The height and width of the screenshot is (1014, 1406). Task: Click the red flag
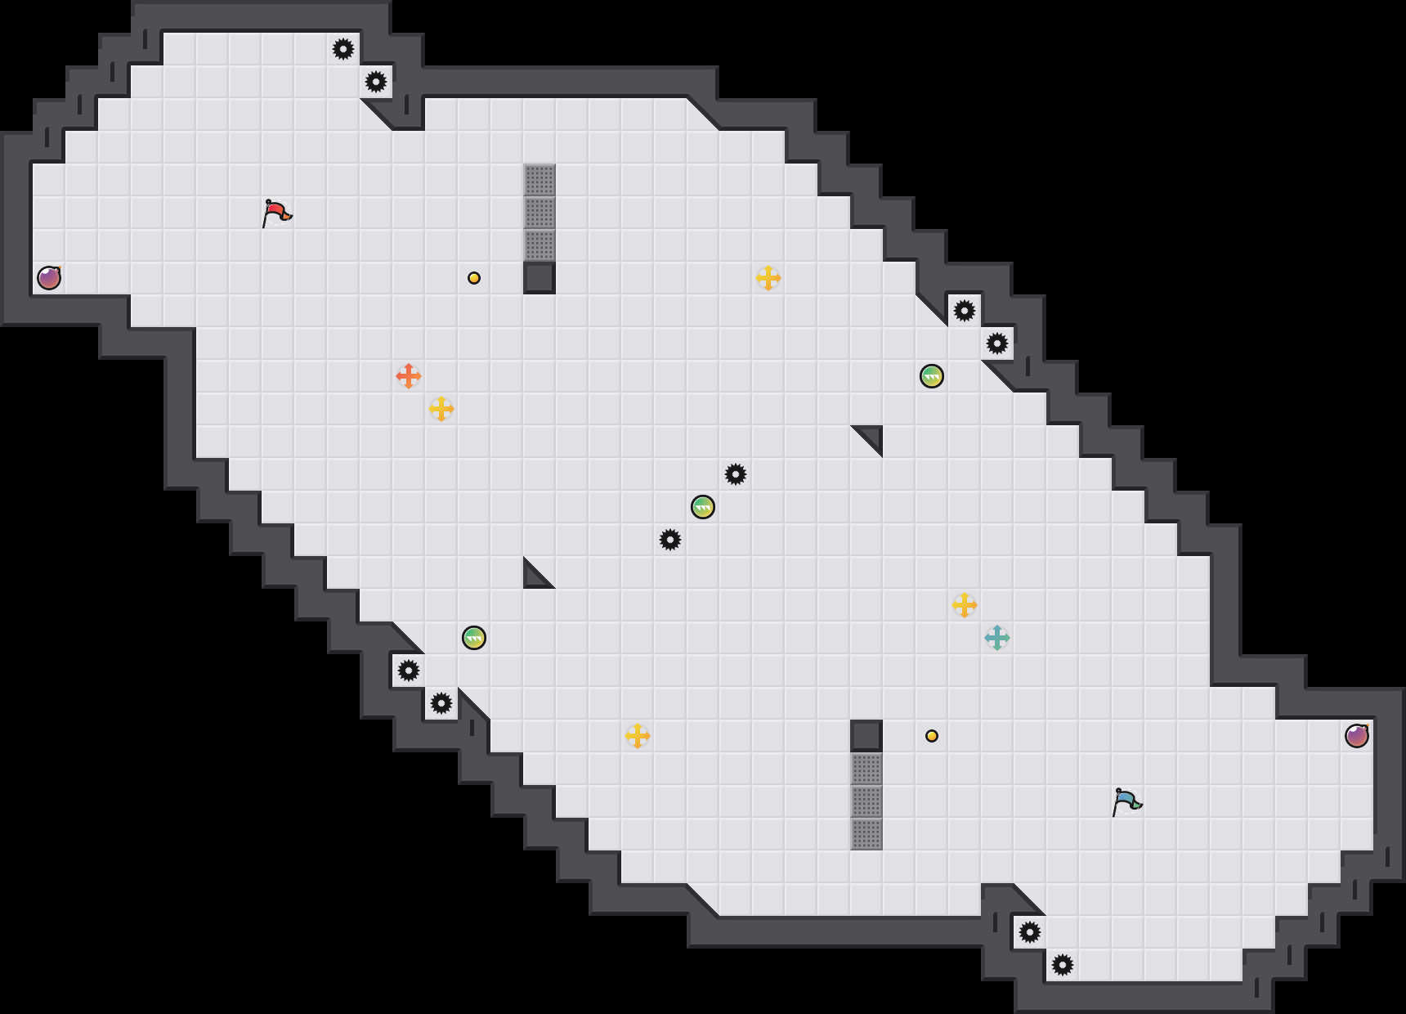(x=276, y=213)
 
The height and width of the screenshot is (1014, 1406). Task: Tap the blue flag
(x=1126, y=801)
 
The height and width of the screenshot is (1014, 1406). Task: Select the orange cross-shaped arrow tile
(x=409, y=376)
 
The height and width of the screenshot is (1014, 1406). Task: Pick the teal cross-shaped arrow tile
(x=997, y=638)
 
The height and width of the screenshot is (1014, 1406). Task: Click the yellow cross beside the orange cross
(x=441, y=409)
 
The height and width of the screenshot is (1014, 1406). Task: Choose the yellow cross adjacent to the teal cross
(x=965, y=605)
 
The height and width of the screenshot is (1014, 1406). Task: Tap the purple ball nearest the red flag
(x=49, y=278)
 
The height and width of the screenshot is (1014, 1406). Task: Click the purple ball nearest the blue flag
(x=1357, y=736)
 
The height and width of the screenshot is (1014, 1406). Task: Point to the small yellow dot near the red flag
(x=474, y=278)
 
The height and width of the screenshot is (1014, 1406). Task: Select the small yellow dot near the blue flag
(x=932, y=736)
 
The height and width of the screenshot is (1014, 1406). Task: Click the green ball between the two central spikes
(x=703, y=507)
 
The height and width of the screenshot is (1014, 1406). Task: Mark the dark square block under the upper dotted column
(x=540, y=278)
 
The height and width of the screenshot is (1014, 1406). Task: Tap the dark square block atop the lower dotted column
(x=866, y=736)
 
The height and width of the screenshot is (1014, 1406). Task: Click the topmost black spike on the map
(x=343, y=49)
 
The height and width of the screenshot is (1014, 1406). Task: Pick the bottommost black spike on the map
(x=1063, y=965)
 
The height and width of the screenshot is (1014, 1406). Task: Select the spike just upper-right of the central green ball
(x=736, y=474)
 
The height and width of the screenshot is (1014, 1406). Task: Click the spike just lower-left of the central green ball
(x=670, y=540)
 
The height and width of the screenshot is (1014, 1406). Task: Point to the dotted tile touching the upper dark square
(x=540, y=245)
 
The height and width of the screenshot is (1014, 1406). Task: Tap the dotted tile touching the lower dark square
(x=866, y=769)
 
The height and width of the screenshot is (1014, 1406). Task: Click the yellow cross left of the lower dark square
(x=638, y=736)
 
